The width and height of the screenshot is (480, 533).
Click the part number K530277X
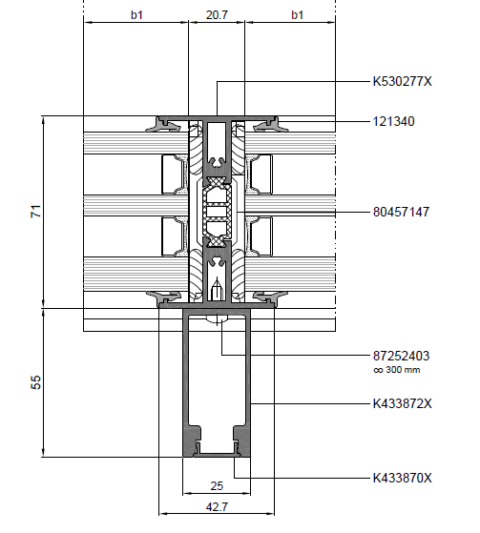(x=402, y=82)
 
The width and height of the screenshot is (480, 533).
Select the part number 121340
(x=393, y=121)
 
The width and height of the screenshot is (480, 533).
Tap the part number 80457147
(x=401, y=212)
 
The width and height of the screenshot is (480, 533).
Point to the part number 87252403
(x=401, y=356)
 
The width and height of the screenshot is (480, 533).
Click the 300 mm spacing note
(x=397, y=370)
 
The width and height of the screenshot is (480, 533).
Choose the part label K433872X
(x=402, y=403)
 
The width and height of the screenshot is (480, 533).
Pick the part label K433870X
(x=402, y=478)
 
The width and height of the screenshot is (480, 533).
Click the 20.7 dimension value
(x=217, y=15)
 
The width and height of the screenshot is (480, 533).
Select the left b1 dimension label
(x=136, y=15)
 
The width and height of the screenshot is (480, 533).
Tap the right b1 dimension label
(x=298, y=15)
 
